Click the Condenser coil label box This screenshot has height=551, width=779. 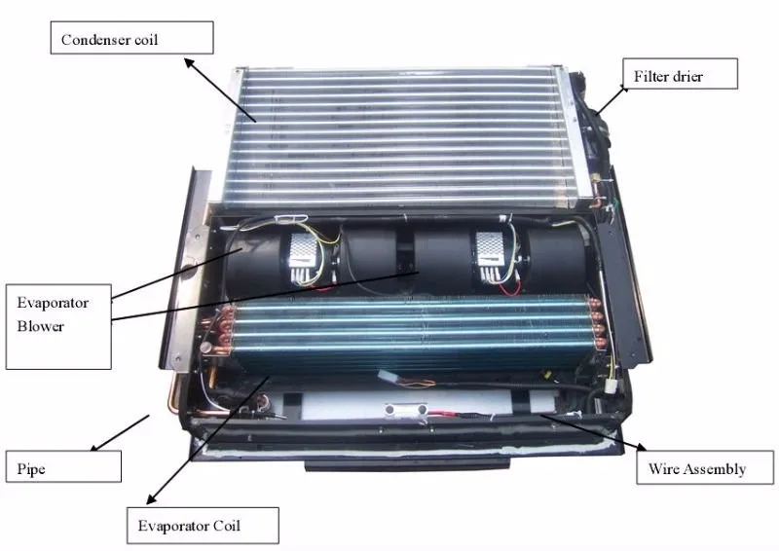[x=132, y=38]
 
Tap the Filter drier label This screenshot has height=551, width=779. [x=680, y=74]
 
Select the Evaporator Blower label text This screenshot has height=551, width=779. [x=53, y=314]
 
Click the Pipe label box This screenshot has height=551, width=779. [x=63, y=466]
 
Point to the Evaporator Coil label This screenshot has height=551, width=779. [x=203, y=525]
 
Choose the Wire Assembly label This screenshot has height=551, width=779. [x=705, y=467]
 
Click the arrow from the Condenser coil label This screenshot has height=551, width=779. [x=221, y=90]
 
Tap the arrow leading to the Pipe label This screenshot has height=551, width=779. [x=120, y=433]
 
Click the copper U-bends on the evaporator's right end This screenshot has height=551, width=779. [x=596, y=324]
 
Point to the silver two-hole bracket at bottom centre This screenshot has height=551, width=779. [x=406, y=410]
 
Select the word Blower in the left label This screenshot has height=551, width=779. [x=41, y=326]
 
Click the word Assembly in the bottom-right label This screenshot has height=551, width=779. [x=720, y=469]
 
